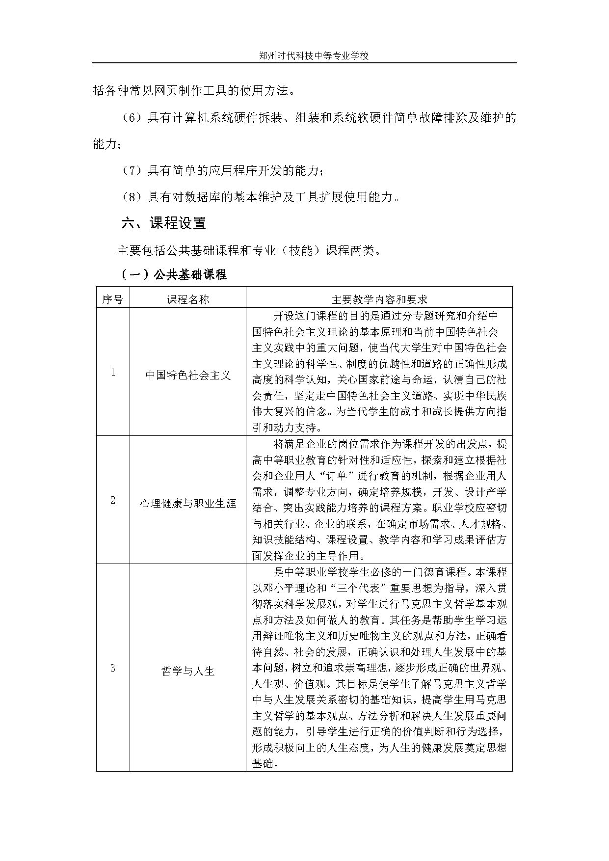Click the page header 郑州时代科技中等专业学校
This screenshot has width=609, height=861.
point(314,56)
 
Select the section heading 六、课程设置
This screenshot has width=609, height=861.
point(163,223)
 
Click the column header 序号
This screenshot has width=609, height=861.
point(112,299)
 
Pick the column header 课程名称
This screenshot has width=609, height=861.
point(187,299)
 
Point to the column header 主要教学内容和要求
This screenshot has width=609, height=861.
point(379,299)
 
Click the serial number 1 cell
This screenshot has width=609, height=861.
point(112,372)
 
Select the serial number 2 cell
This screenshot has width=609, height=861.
point(112,500)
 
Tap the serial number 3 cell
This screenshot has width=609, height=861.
point(112,668)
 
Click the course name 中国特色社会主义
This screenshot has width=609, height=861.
point(187,376)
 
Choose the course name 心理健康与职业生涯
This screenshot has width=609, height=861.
point(187,504)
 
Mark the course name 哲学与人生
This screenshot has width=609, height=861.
point(187,671)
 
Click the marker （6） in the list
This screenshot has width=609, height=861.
point(132,118)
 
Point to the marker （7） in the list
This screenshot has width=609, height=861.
point(132,171)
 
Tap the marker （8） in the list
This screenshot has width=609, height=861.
point(132,197)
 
